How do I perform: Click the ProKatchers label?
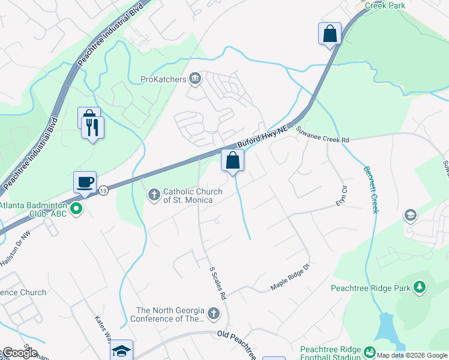click(163, 79)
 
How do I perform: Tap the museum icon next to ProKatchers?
click(195, 79)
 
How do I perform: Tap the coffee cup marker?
click(85, 182)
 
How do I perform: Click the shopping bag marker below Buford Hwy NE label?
click(232, 161)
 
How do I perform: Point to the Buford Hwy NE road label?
click(263, 137)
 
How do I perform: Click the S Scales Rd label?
click(217, 283)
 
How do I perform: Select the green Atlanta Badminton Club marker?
click(76, 209)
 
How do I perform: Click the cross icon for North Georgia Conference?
click(213, 314)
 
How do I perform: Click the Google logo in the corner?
click(19, 353)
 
